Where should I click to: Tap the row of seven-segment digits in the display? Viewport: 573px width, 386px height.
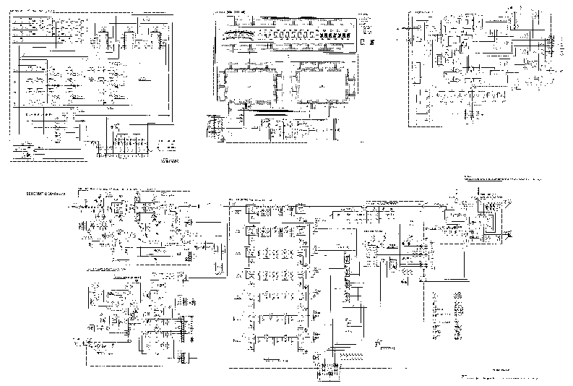tap(289, 35)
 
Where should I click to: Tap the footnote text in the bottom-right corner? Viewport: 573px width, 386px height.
tap(499, 377)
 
